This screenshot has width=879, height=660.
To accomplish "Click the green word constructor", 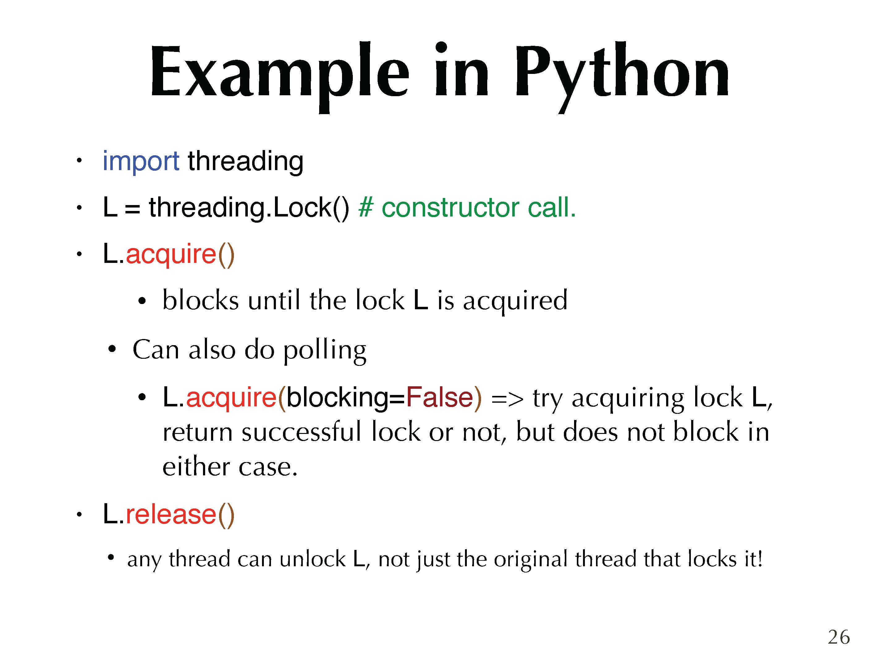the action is [x=450, y=208].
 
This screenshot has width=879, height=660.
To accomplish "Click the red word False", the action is [x=439, y=397].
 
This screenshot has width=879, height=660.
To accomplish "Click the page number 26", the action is [x=839, y=637].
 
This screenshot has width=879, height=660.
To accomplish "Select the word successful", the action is [x=302, y=432].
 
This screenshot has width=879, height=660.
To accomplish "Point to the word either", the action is [x=196, y=466].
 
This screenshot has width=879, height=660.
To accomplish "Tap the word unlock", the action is [x=312, y=559].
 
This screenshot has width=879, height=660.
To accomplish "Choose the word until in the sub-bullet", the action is [x=274, y=300].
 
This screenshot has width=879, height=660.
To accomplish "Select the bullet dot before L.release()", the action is [x=79, y=515].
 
